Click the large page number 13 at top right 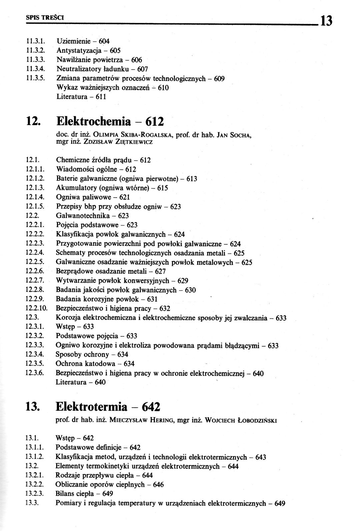(326, 21)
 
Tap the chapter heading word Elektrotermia (91, 407)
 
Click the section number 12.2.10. (36, 308)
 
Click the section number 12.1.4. (35, 197)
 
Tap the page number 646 (158, 484)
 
